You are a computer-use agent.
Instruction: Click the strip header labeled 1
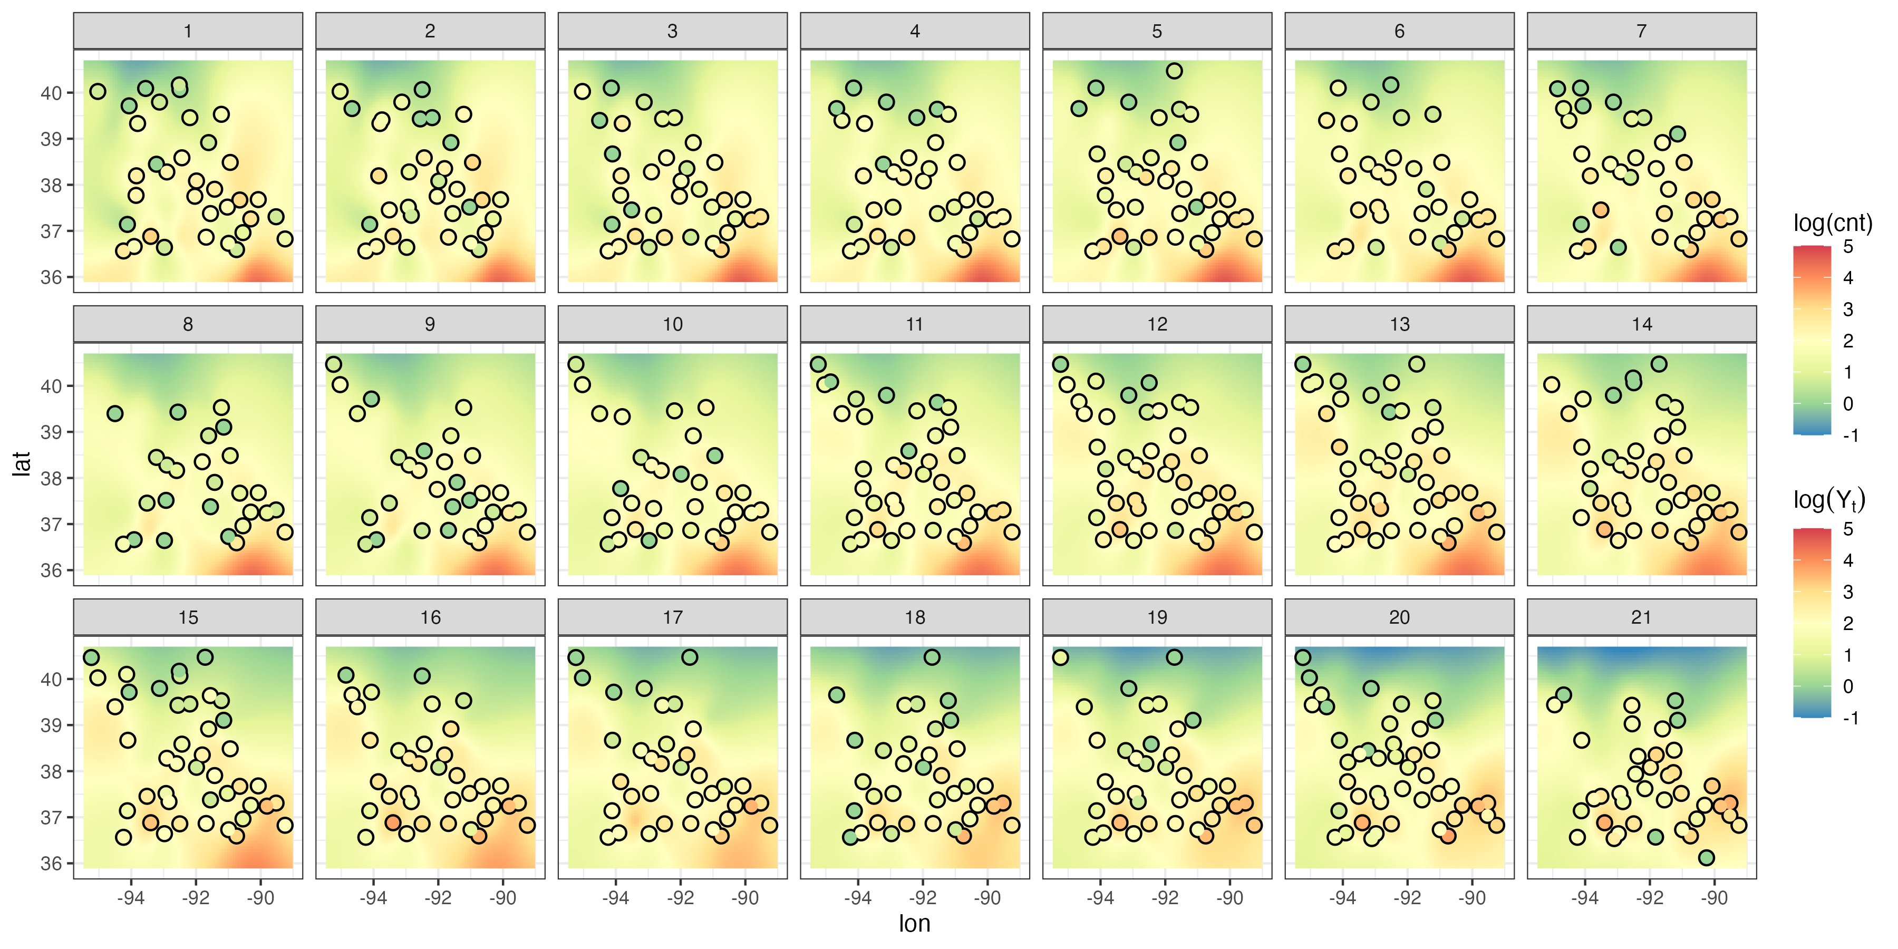coord(188,31)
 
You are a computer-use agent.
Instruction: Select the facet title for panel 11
coord(914,324)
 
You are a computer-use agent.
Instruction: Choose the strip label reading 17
coord(672,617)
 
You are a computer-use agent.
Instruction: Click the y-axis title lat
coord(22,463)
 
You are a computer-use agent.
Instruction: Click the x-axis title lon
coord(914,923)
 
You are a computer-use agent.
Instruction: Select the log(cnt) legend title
coord(1832,222)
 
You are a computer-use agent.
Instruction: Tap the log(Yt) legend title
coord(1829,501)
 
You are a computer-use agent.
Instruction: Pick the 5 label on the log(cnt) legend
coord(1848,247)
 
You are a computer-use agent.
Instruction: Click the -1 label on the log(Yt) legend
coord(1849,718)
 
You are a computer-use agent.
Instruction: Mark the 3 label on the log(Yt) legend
coord(1848,592)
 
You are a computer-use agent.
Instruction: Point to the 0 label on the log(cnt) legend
coord(1848,404)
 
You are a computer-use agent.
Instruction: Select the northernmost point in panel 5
coord(1175,71)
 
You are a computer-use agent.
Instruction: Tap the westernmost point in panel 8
coord(115,413)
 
